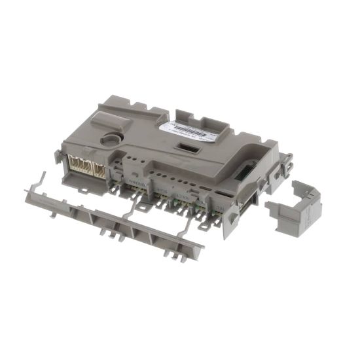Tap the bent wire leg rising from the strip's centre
coord(134,207)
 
